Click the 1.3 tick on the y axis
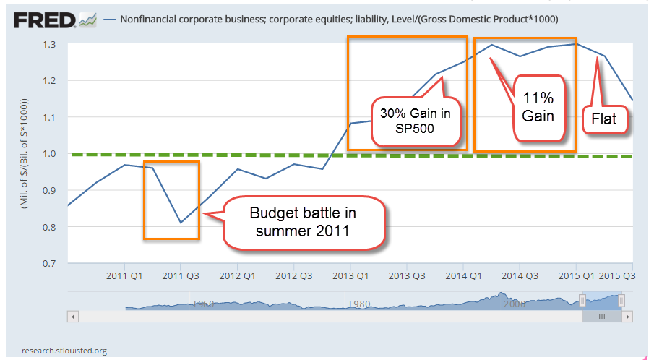[x=49, y=44]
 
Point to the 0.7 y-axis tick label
[x=49, y=263]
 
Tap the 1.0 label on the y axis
[x=49, y=153]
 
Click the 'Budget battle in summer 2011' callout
[x=303, y=223]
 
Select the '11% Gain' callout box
[x=538, y=106]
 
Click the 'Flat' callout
[x=604, y=118]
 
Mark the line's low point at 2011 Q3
[x=181, y=223]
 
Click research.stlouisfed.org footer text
[x=64, y=351]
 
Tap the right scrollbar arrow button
[x=628, y=317]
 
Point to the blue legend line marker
[x=110, y=18]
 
